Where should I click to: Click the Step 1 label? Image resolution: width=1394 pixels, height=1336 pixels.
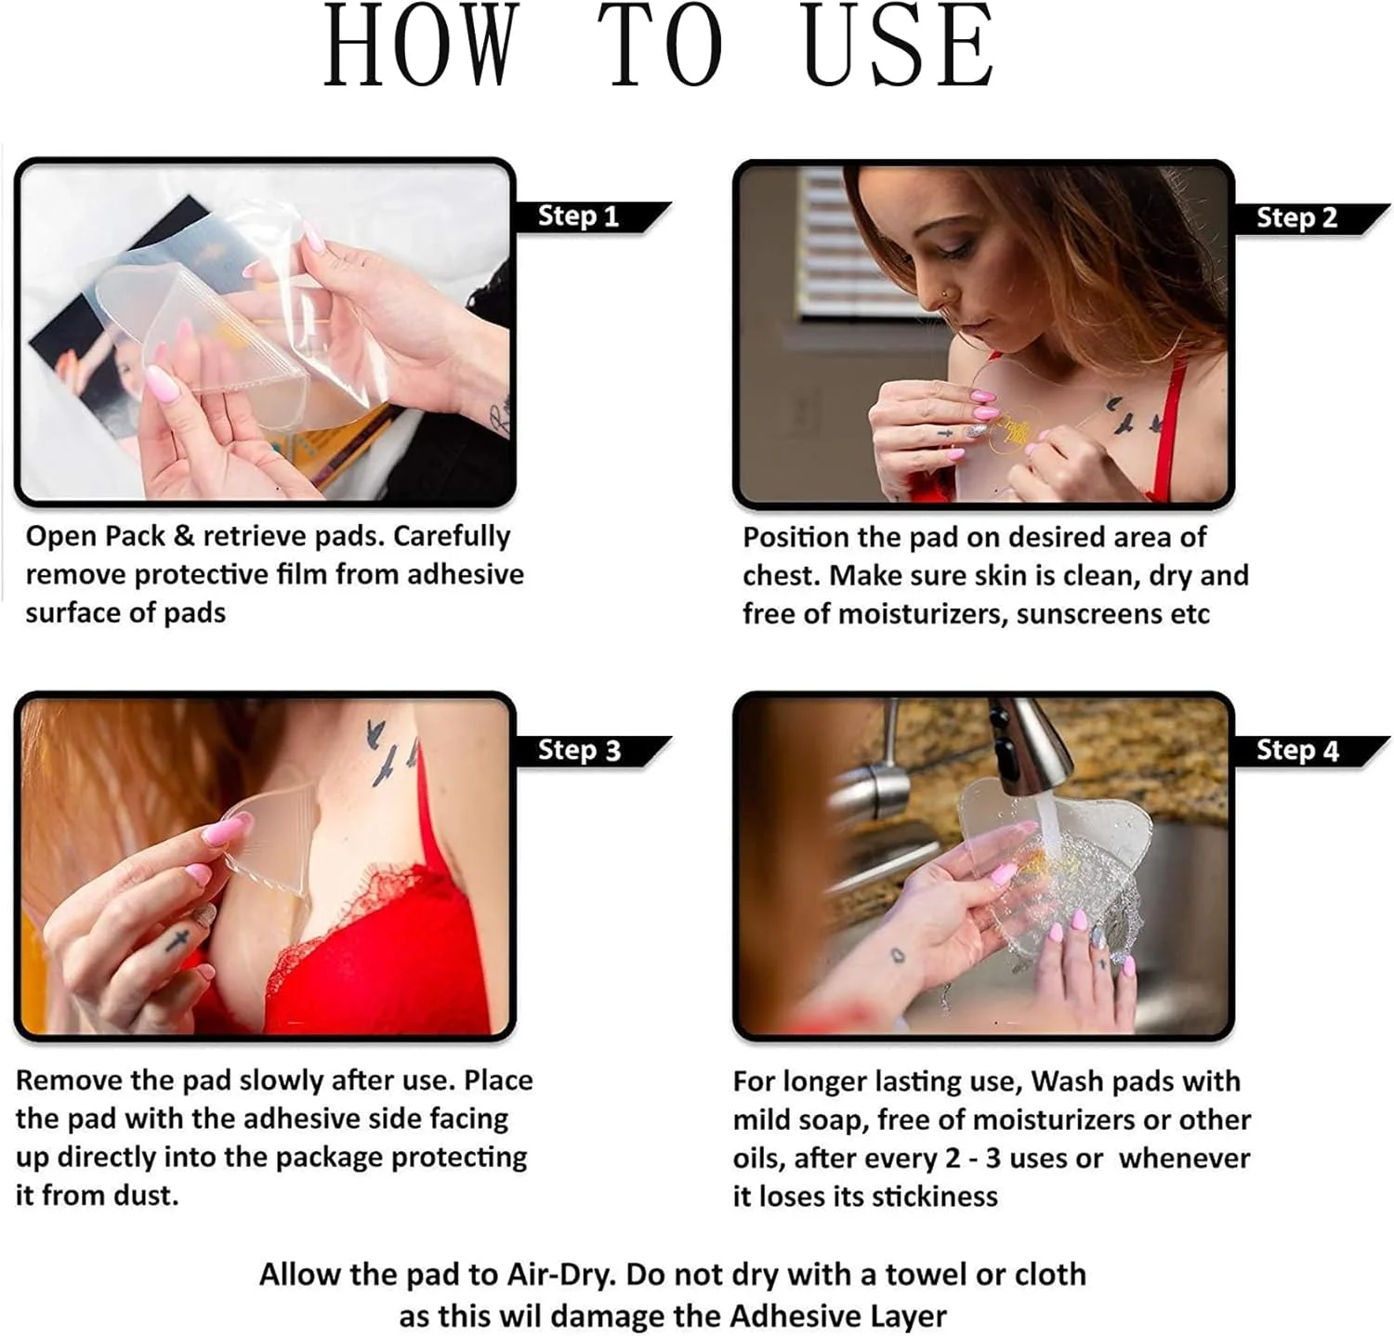coord(578,216)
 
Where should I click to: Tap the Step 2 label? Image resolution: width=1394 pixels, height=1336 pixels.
coord(1296,218)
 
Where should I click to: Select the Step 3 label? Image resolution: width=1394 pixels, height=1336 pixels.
coord(579,751)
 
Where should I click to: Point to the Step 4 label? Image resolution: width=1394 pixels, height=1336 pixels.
coord(1297,751)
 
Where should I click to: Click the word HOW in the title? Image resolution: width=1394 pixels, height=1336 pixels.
coord(419,46)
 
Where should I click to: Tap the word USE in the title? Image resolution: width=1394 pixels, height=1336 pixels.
coord(898,46)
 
